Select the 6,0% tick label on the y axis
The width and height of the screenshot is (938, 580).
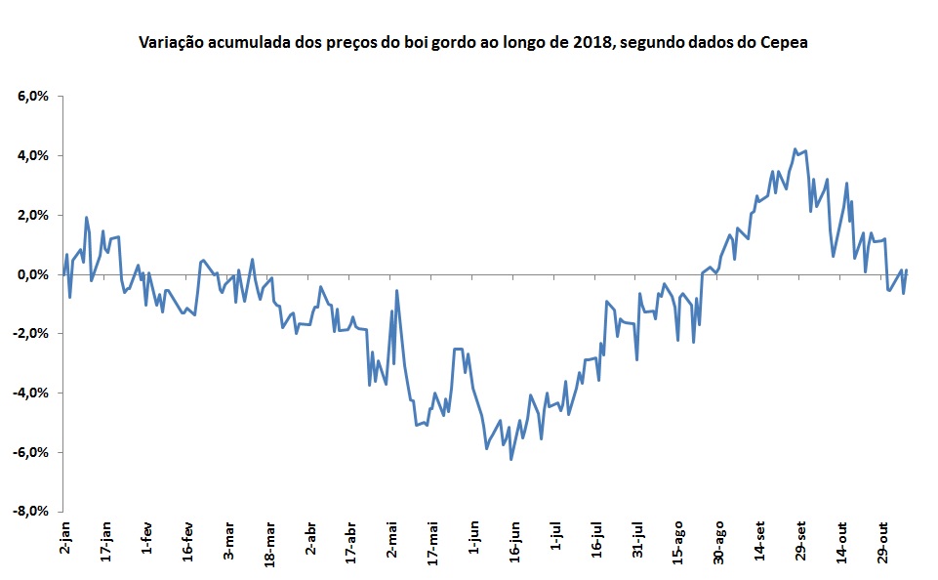(x=33, y=97)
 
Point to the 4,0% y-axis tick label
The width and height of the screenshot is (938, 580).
(x=33, y=156)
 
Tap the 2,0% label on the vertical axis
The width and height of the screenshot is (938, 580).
(x=33, y=216)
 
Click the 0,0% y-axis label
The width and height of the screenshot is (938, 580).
(x=33, y=275)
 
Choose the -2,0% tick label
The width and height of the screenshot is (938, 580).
(x=31, y=334)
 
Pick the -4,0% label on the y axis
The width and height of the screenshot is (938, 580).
(x=31, y=394)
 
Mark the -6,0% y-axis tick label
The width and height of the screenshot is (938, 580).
(x=31, y=452)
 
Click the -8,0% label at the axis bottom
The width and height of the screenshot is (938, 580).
(x=31, y=512)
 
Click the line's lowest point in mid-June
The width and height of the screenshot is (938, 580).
(x=510, y=459)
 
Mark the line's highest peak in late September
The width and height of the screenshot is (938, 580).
(x=795, y=149)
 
